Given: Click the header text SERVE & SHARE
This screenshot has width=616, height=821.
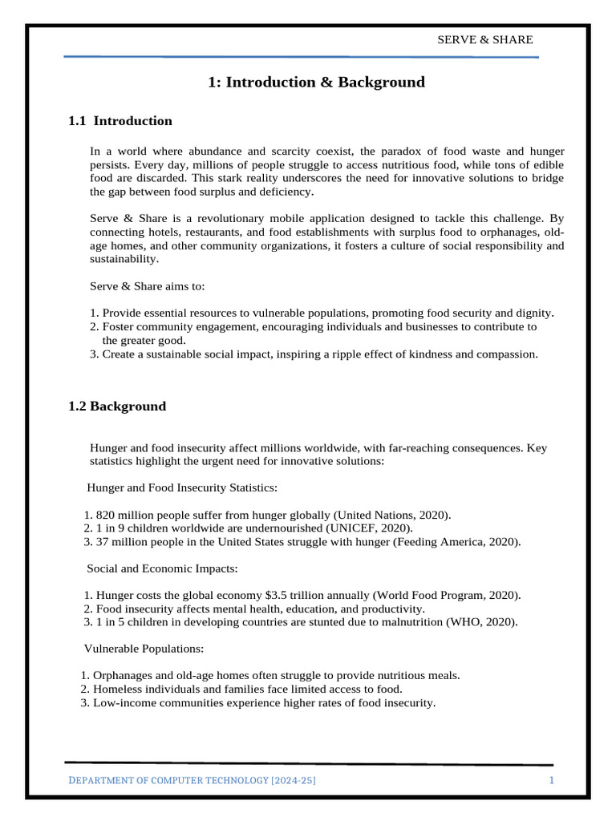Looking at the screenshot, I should point(484,39).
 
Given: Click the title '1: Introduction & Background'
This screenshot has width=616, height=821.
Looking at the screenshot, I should point(316,83).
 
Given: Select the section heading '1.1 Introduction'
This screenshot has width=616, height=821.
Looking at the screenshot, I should point(120,121).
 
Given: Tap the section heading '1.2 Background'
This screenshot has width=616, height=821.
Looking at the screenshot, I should point(117,406).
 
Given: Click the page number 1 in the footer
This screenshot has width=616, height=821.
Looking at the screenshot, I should point(552,781).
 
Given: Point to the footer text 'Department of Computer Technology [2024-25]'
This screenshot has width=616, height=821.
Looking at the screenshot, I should point(197,781).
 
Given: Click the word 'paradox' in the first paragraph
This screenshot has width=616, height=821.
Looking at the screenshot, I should point(413,151).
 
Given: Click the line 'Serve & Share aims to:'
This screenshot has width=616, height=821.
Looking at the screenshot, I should point(148,285).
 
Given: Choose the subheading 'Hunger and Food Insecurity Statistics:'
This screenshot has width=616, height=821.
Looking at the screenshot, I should point(182,487).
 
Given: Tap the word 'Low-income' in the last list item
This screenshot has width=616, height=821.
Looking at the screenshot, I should point(123,702).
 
